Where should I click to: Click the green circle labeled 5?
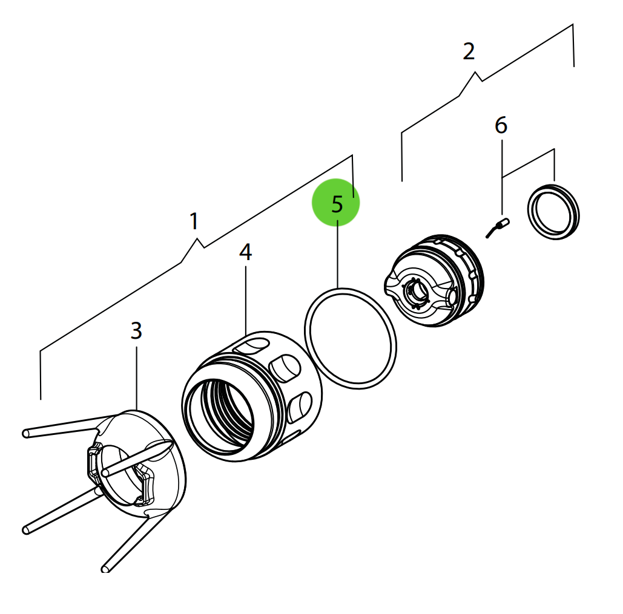336,203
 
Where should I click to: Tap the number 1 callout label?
193,221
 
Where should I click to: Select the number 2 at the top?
469,52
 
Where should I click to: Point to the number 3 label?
136,330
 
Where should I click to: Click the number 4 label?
245,252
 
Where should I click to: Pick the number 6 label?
501,126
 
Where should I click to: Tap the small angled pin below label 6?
498,228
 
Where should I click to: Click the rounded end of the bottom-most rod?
106,568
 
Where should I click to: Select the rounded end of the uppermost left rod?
26,433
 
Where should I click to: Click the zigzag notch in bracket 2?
476,76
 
